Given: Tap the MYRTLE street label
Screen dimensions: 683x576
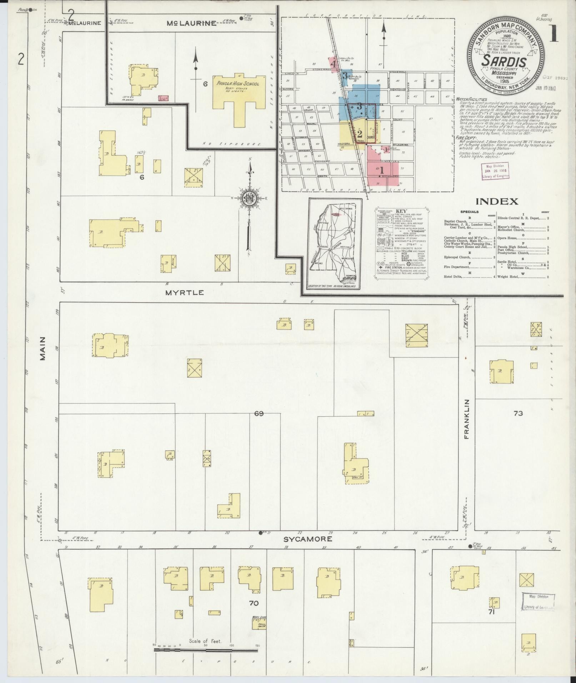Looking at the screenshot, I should [x=185, y=292].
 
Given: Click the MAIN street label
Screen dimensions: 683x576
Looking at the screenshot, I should [x=43, y=348].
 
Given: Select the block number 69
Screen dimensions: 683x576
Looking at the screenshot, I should [x=259, y=413].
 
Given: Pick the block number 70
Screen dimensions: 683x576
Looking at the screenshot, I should [x=254, y=603].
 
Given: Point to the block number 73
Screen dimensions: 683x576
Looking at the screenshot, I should [x=518, y=413].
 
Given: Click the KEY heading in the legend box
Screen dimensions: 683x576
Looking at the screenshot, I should [x=401, y=211].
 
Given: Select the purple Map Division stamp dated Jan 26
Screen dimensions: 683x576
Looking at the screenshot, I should [x=495, y=171].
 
